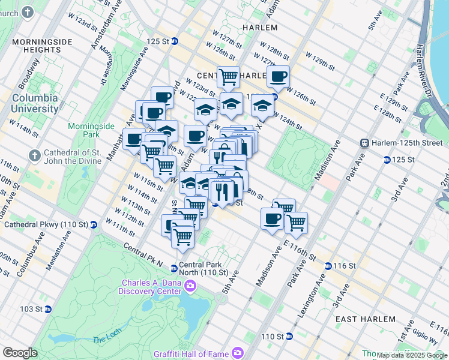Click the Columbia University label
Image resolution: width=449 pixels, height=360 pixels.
point(35,103)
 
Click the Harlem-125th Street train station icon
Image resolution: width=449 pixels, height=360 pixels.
point(364,143)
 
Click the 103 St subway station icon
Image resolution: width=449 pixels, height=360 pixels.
point(48,309)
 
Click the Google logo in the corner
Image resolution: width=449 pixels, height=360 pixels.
point(20,353)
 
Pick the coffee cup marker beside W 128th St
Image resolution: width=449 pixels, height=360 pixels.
point(278,77)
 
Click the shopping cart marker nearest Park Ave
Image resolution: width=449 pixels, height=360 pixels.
point(296,223)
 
